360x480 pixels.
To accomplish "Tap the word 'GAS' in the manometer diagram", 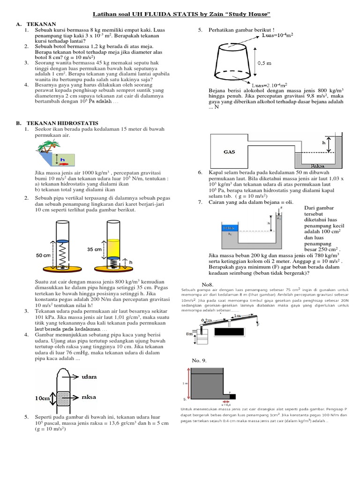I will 229,152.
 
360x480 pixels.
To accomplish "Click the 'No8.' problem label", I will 207,284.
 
